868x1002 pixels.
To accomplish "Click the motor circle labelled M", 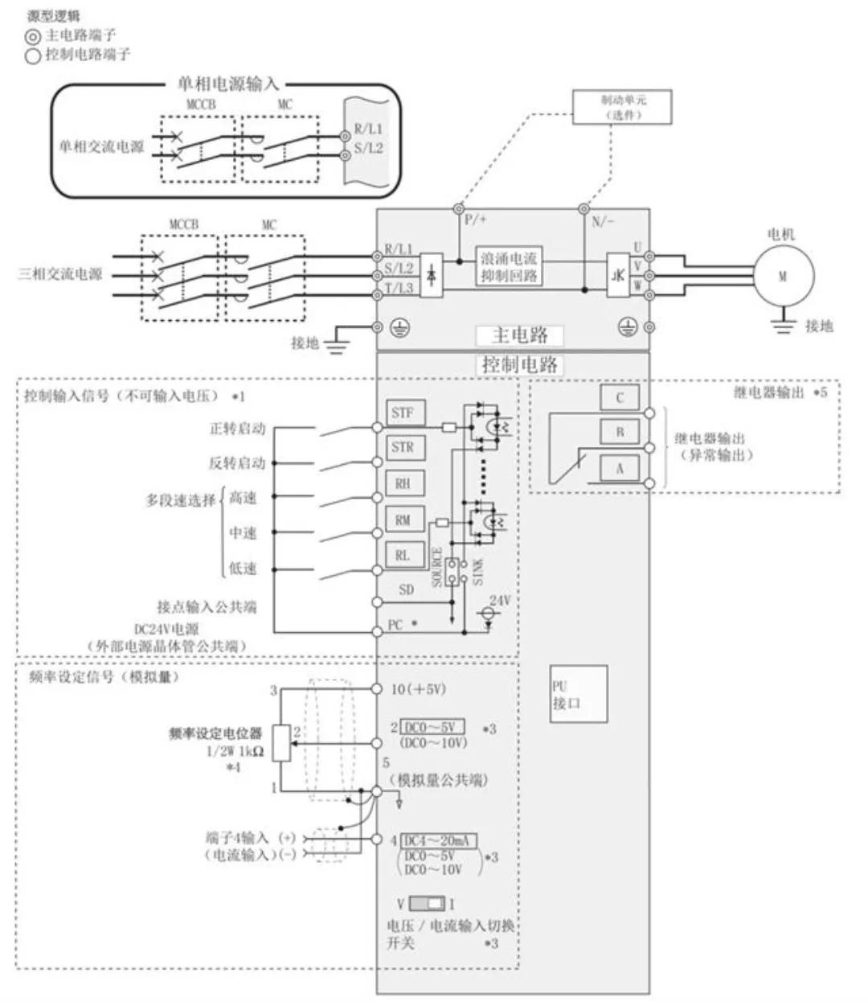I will click(x=783, y=276).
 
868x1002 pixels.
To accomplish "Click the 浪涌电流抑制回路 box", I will click(x=508, y=266).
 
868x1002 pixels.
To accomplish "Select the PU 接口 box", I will click(x=579, y=694).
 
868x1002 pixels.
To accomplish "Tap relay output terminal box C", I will click(x=620, y=397).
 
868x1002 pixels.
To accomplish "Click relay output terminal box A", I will click(x=620, y=467).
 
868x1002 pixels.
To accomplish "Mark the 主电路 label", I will click(x=519, y=335).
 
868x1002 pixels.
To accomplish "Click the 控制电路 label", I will click(x=519, y=364).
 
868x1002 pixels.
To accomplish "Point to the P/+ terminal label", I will click(x=476, y=220).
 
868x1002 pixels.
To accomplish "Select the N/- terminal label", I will click(x=603, y=221).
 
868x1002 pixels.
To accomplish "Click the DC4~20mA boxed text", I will click(x=439, y=840).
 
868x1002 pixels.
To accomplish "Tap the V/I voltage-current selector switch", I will click(x=426, y=903).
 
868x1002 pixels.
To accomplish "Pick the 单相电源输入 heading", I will click(x=227, y=84).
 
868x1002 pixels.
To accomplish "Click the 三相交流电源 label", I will click(x=60, y=274).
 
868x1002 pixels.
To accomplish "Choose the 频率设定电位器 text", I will click(x=215, y=733).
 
